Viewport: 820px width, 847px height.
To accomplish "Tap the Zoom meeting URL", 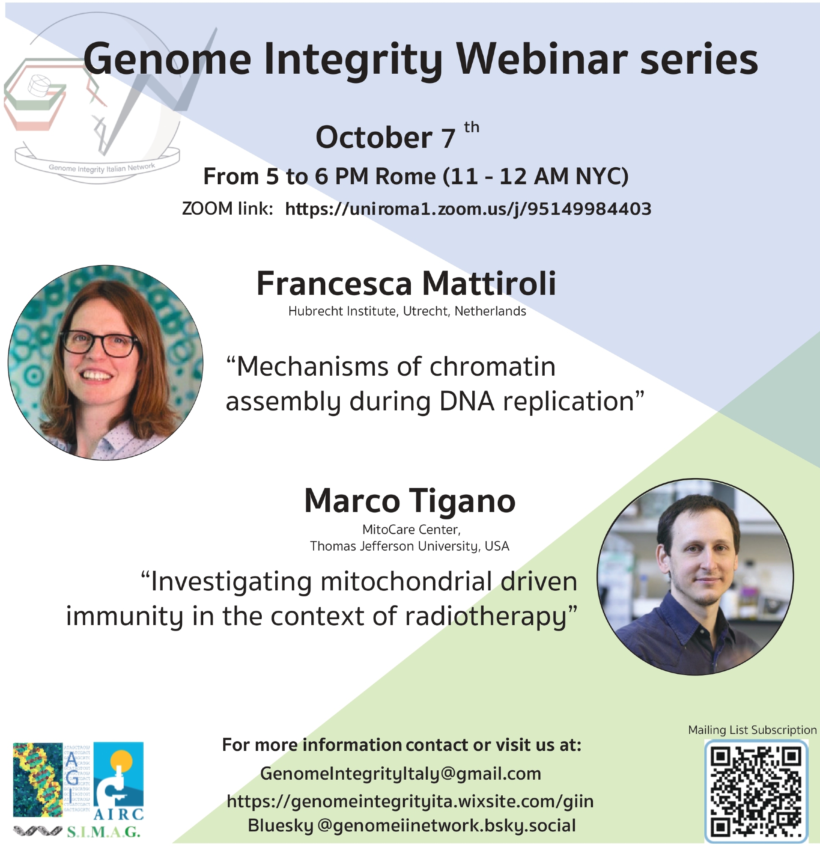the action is click(x=468, y=209).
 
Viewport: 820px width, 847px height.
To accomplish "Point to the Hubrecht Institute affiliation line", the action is click(x=407, y=311).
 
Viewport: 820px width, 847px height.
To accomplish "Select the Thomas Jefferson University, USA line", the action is click(x=410, y=546).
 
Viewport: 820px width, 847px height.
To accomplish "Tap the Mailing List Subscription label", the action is click(x=752, y=730).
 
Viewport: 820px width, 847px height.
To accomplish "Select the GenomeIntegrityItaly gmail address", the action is click(x=400, y=774).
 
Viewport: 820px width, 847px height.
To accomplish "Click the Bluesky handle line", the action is click(x=412, y=825).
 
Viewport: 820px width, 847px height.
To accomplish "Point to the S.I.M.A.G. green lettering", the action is click(x=103, y=832).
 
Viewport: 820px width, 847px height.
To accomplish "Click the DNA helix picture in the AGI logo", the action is click(x=38, y=780).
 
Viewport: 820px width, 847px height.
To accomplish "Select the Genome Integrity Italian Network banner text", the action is click(x=101, y=168).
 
